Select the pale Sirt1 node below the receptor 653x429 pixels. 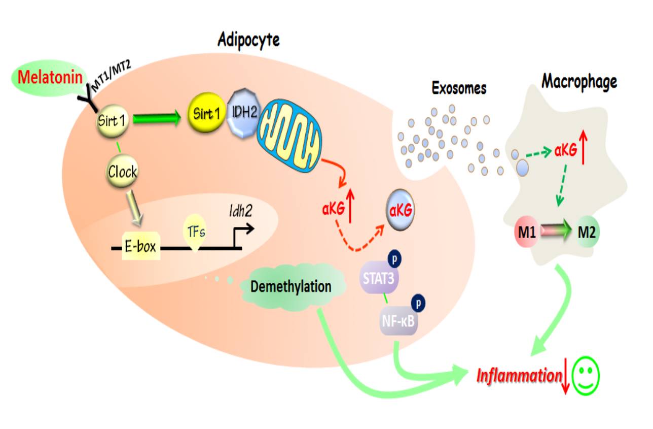(112, 120)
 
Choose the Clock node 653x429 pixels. (122, 172)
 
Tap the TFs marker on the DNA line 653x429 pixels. (195, 233)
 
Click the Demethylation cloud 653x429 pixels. (291, 287)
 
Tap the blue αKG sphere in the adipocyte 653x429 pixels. (400, 209)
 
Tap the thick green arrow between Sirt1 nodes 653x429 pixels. (157, 119)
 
